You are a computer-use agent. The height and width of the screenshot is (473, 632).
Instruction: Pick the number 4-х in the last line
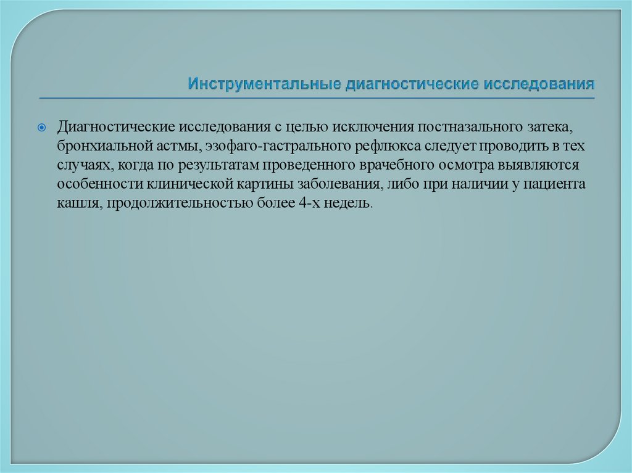(x=302, y=204)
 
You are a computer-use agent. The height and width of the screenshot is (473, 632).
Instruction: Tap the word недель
(x=349, y=204)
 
